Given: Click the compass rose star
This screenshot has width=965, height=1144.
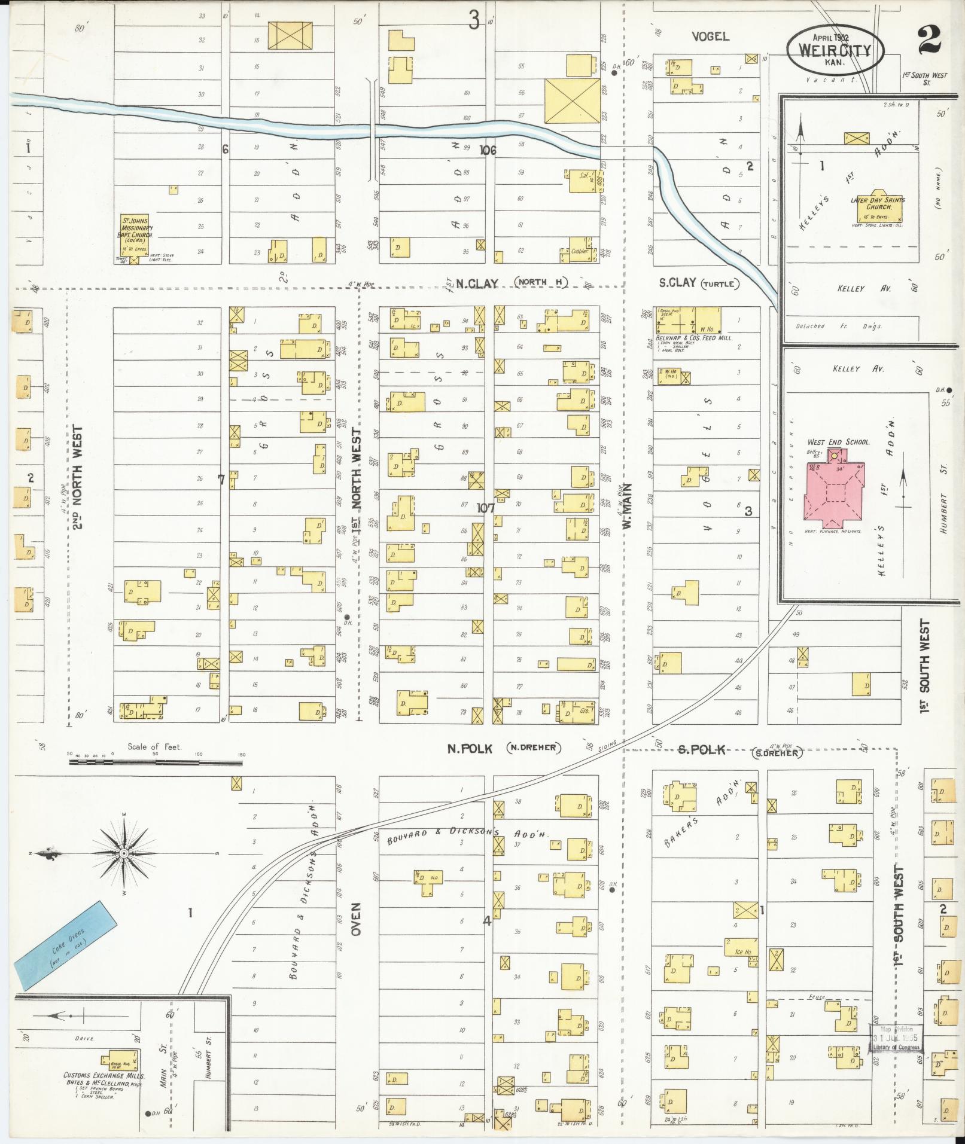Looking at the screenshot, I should tap(123, 853).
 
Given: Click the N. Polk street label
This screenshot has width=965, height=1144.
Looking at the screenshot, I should tap(471, 748).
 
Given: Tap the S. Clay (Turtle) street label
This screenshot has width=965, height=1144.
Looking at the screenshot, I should tap(699, 283).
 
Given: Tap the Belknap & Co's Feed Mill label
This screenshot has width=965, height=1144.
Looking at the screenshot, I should tap(693, 338).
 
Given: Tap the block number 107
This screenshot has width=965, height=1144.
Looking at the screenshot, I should tap(485, 508).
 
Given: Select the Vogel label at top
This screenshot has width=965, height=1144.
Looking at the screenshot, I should tap(710, 36).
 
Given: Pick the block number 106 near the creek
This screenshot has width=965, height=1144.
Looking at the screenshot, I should tap(488, 151).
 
